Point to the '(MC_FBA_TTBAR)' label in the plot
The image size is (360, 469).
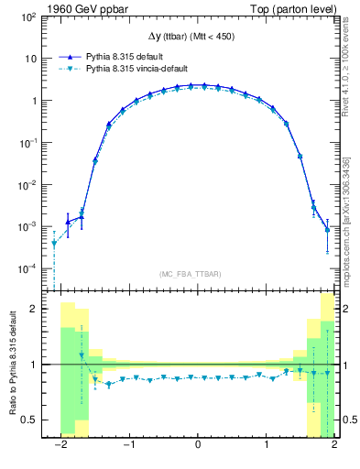pyautogui.click(x=198, y=274)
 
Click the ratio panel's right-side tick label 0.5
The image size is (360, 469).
pyautogui.click(x=349, y=420)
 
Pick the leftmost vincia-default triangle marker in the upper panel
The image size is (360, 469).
pyautogui.click(x=54, y=243)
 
